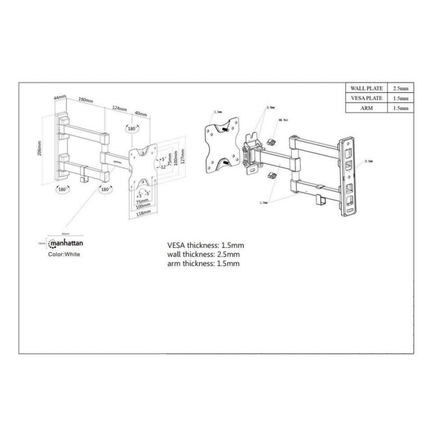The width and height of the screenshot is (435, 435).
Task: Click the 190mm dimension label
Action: point(85,101)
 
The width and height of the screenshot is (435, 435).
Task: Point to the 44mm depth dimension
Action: point(60,97)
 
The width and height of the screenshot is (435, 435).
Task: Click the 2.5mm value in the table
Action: point(400,88)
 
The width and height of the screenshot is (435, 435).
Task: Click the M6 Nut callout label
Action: point(284,119)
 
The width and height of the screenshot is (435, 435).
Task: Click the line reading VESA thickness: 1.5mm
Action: point(205,245)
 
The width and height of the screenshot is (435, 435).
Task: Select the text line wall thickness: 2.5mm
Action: point(204,254)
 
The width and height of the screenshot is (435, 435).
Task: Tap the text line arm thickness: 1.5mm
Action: point(203,264)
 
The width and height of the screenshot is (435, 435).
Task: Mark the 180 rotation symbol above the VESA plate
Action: point(132,128)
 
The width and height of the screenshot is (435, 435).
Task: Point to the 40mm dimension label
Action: point(140,114)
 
